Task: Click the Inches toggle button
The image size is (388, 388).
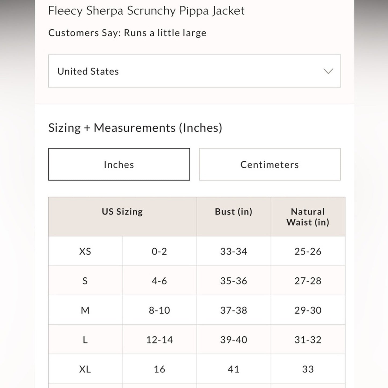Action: tap(119, 164)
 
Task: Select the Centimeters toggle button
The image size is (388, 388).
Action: tap(270, 164)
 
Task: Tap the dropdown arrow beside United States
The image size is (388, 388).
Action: tap(328, 71)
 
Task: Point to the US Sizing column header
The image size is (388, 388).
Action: tap(122, 212)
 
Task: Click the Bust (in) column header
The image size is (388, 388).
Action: tap(234, 212)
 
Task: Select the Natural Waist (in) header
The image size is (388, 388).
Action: tap(308, 217)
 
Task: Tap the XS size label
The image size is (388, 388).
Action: tap(85, 251)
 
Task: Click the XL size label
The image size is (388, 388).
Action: tap(85, 369)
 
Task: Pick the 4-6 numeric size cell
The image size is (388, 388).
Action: tap(159, 281)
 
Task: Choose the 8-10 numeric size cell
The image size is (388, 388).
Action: tap(159, 310)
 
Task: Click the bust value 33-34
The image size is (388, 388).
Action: tap(234, 251)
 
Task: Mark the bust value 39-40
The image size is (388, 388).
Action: tap(234, 340)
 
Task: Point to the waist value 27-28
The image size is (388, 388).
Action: tap(308, 281)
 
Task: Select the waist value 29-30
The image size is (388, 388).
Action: tap(308, 310)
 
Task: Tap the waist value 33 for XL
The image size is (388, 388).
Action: tap(308, 369)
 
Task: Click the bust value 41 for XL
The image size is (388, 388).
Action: tap(234, 369)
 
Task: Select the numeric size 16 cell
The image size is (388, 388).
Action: tap(159, 369)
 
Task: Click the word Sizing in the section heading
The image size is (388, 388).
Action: tap(64, 128)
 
